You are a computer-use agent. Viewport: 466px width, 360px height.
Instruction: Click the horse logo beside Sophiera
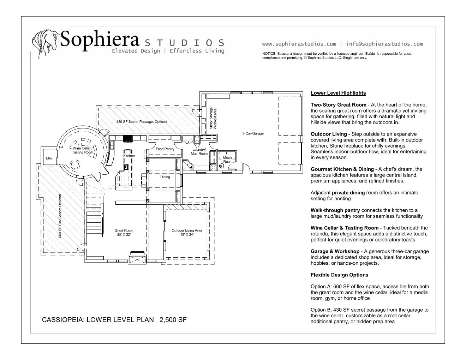tap(45, 40)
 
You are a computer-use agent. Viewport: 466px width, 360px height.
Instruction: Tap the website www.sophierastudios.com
tap(299, 44)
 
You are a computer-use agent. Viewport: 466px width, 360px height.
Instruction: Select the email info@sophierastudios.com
tap(384, 44)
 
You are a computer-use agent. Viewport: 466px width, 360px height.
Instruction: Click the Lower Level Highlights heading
tap(338, 93)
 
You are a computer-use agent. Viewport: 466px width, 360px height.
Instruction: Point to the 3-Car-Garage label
tap(253, 133)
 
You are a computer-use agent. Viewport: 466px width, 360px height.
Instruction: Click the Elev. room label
tap(49, 158)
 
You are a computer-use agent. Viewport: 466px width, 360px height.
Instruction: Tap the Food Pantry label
tap(165, 149)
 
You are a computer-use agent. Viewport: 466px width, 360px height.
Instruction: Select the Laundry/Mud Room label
tap(199, 151)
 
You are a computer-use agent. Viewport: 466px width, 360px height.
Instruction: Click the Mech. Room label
tap(228, 160)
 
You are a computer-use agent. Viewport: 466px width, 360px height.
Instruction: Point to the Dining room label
tap(165, 177)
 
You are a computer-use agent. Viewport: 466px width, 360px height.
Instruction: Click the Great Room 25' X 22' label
tap(124, 233)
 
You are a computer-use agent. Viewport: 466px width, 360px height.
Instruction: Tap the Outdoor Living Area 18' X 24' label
tap(187, 233)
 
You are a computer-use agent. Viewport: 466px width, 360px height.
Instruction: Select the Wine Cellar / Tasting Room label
tap(83, 150)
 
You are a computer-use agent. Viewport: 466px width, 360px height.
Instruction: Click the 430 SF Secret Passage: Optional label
tap(142, 122)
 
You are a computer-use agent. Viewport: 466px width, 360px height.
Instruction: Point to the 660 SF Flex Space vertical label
tap(60, 216)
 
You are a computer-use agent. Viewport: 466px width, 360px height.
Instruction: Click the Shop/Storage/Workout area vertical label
tap(213, 118)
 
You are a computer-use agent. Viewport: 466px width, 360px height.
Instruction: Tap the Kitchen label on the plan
tap(129, 156)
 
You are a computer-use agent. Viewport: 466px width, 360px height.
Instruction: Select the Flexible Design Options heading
tap(339, 275)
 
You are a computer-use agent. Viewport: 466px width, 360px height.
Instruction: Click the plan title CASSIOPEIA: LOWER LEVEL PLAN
tap(98, 320)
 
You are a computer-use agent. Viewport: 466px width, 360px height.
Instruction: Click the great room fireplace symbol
tap(137, 259)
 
